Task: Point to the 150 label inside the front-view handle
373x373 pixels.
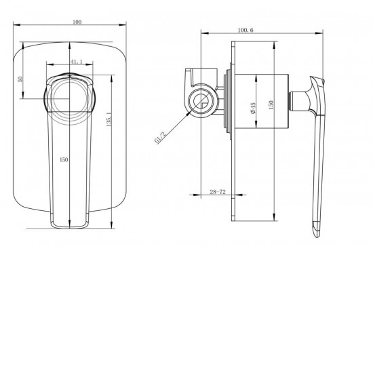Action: [63, 159]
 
